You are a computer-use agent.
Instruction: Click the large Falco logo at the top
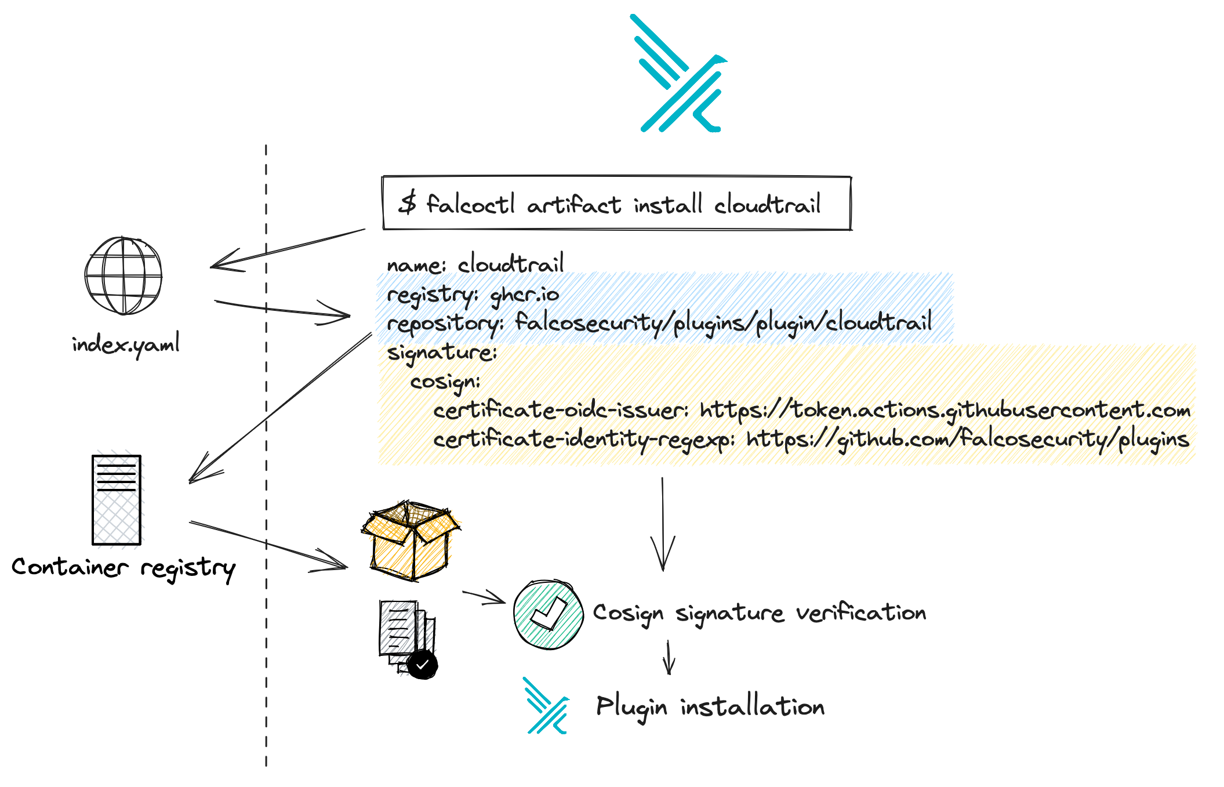680,74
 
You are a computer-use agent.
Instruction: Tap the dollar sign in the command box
408,204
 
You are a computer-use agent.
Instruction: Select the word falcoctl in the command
470,204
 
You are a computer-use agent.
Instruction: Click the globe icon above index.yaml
123,275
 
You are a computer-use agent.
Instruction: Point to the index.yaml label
126,345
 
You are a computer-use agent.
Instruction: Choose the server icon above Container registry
117,500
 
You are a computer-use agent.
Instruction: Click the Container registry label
124,568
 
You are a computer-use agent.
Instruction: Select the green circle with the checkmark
548,614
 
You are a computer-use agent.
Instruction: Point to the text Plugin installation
710,707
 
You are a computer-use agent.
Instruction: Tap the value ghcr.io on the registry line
525,295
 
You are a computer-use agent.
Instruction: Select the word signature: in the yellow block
442,353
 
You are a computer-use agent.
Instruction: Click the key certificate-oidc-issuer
561,411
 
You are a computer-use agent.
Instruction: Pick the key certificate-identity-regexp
584,440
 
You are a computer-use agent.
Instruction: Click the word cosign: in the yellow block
445,382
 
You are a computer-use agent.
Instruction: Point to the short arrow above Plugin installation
669,658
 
